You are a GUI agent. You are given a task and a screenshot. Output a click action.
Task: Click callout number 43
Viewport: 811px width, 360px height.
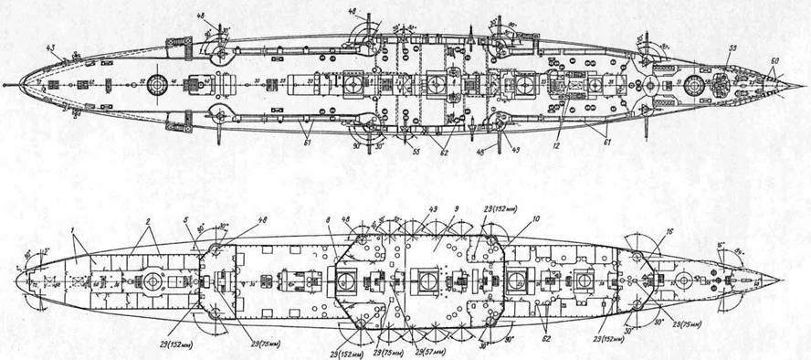[x=52, y=48]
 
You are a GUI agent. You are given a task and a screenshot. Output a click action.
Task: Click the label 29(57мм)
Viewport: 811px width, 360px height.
[x=431, y=351]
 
